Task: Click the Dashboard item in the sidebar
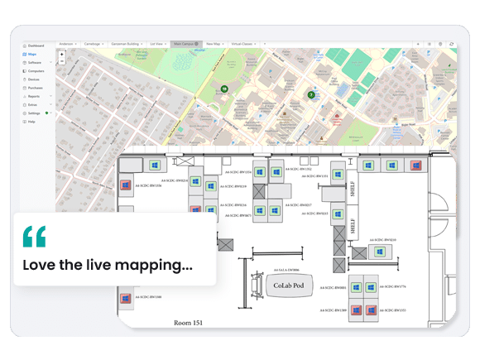click(36, 46)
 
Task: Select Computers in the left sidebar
click(36, 71)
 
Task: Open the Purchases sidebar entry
click(36, 88)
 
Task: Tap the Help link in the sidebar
click(31, 122)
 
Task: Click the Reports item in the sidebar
click(34, 96)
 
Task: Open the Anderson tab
click(68, 43)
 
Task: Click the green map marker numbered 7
click(310, 94)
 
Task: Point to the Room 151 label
click(188, 321)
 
